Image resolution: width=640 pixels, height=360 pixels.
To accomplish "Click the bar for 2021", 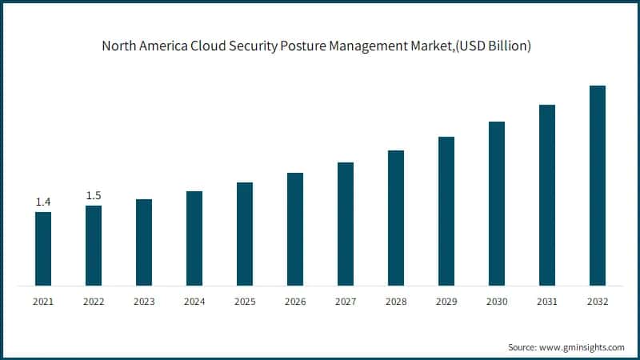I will [43, 249].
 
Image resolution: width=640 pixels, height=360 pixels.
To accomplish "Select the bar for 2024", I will [194, 238].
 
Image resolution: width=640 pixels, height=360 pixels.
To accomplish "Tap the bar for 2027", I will [346, 224].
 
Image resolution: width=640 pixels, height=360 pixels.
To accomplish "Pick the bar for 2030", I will [497, 203].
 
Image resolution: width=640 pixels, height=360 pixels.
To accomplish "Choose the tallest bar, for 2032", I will [598, 186].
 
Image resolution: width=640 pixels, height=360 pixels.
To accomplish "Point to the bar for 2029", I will [446, 211].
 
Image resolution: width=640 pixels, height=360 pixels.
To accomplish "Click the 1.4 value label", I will [43, 202].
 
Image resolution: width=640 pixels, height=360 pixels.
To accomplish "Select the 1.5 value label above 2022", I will [94, 196].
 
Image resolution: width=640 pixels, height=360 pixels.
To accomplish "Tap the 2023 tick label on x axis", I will [144, 302].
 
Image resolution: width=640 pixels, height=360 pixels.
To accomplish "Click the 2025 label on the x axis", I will [245, 302].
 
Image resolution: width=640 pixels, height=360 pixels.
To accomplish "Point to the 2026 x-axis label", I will [295, 302].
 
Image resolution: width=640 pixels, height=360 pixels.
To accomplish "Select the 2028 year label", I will [396, 302].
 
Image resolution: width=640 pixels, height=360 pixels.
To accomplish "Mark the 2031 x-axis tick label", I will [547, 302].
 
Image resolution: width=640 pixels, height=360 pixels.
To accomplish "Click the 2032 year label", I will [598, 302].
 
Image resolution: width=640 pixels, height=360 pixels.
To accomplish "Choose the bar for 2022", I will [94, 246].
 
